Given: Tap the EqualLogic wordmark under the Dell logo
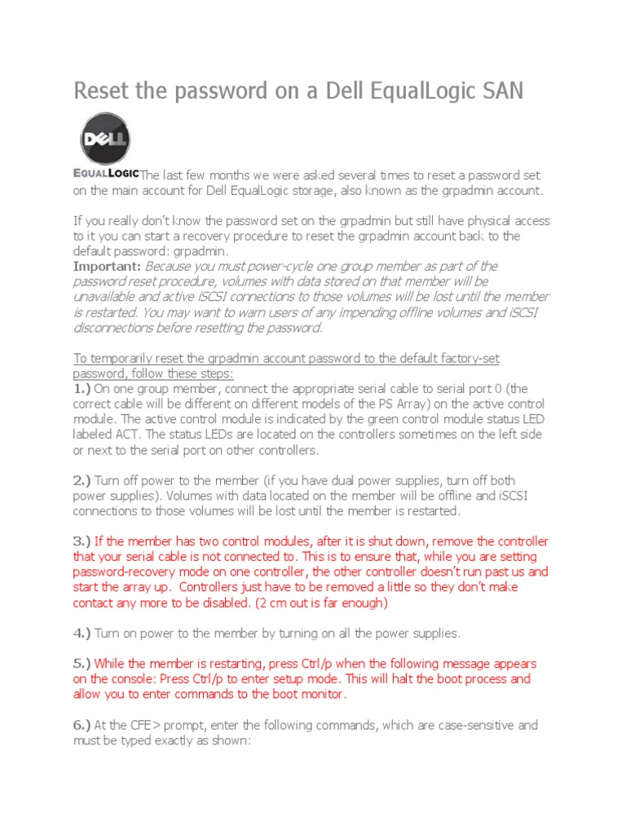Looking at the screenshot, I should point(106,173).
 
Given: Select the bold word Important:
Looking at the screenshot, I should point(108,266).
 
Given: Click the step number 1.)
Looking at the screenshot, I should point(83,388).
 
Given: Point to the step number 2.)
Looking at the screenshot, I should point(83,480).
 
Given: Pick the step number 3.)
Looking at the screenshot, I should point(83,541).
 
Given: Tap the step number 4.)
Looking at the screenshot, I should point(83,633).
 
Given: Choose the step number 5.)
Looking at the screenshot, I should point(83,664).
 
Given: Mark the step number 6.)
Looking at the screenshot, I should point(83,725).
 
